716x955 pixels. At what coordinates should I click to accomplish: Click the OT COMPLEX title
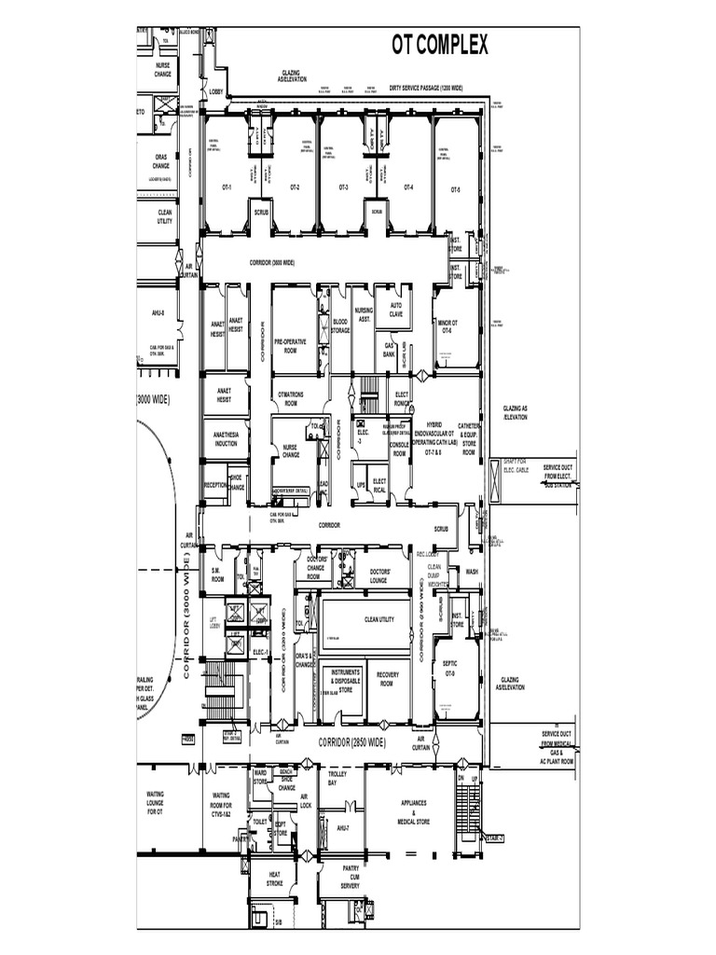pyautogui.click(x=439, y=45)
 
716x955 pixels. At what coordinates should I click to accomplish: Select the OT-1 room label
pyautogui.click(x=227, y=187)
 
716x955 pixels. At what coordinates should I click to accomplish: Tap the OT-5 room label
pyautogui.click(x=455, y=189)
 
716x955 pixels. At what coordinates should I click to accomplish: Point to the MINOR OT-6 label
pyautogui.click(x=447, y=326)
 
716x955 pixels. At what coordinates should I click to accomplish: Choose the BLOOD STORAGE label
pyautogui.click(x=340, y=325)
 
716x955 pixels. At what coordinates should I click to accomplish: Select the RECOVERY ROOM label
pyautogui.click(x=388, y=678)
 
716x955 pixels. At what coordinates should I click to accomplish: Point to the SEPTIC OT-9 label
pyautogui.click(x=449, y=668)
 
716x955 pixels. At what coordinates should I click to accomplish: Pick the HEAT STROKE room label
pyautogui.click(x=274, y=879)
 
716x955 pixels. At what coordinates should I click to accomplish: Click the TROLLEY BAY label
pyautogui.click(x=337, y=779)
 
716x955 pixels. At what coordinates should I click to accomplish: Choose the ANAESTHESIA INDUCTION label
pyautogui.click(x=226, y=439)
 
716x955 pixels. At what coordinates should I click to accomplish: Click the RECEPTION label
pyautogui.click(x=215, y=485)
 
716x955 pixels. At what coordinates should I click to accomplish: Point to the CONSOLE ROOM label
pyautogui.click(x=399, y=449)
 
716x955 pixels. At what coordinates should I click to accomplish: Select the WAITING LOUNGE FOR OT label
pyautogui.click(x=155, y=803)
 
